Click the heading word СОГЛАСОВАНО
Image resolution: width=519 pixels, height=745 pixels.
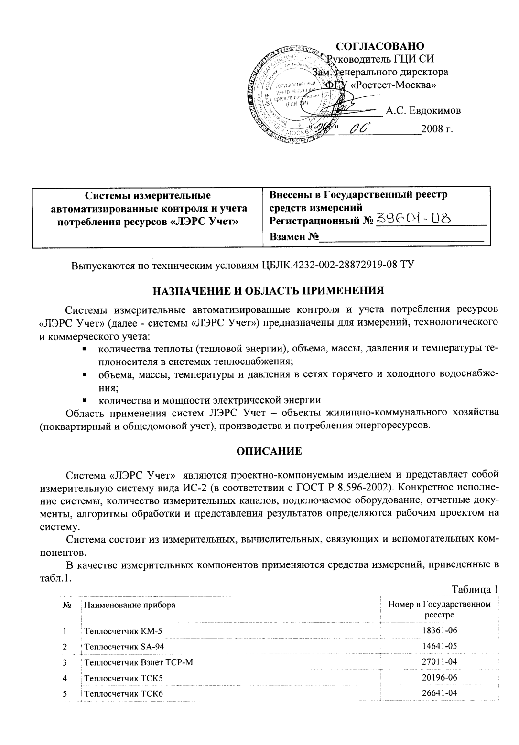click(380, 46)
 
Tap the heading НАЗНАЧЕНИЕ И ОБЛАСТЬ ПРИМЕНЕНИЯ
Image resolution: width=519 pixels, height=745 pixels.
click(269, 290)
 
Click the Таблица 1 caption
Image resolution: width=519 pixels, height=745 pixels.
click(475, 588)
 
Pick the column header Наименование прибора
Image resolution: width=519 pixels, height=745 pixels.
click(130, 605)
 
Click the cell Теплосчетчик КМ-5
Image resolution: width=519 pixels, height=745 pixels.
click(123, 631)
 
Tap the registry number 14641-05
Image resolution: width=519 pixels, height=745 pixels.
click(439, 646)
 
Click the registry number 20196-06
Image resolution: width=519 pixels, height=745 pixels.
click(439, 677)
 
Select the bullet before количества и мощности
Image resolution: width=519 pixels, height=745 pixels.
click(84, 399)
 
